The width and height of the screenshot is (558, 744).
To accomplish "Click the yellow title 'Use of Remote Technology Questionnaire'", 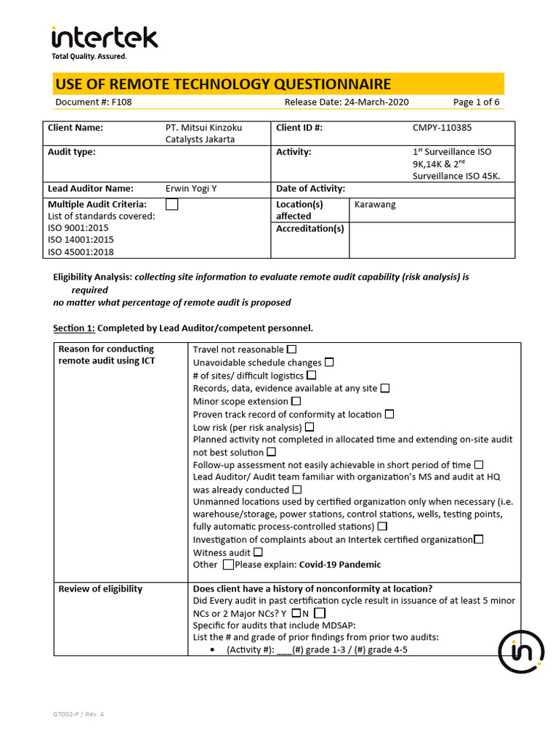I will pos(223,84).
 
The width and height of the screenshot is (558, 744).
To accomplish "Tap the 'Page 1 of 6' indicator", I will pos(476,102).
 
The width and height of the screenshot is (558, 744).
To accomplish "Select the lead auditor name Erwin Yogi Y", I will pos(191,189).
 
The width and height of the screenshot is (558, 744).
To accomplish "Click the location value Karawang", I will pos(375,205).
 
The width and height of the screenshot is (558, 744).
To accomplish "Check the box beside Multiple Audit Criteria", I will pos(171,205).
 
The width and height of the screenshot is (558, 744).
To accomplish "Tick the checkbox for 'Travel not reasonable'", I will pos(292,349).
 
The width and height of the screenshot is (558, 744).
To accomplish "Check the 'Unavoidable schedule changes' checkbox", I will pos(329,363).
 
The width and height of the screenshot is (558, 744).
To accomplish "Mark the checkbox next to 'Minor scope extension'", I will pos(296,401).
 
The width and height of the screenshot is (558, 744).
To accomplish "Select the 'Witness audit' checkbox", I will pos(258,552).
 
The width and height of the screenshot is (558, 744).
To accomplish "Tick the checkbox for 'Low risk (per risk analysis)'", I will pos(310,427).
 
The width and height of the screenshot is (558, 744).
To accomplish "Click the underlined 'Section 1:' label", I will pos(74,328).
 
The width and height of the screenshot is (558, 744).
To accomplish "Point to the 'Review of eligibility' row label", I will pos(100,589).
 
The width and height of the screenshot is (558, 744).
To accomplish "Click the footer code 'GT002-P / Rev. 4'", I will pos(78,714).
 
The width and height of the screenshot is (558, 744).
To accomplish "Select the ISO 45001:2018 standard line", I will pos(81,252).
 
